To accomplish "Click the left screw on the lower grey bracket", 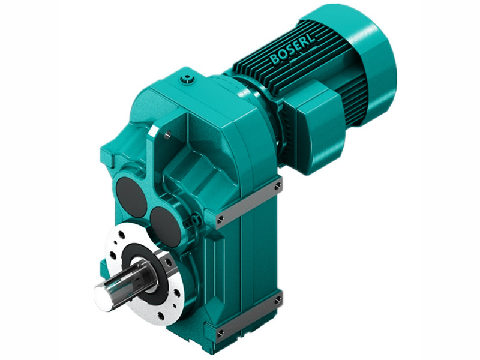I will coord(220,332).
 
